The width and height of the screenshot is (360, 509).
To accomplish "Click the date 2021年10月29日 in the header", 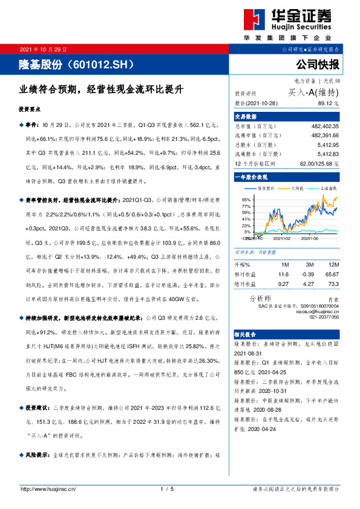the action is click(44, 49).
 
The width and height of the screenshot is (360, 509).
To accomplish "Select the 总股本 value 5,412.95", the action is click(327, 146).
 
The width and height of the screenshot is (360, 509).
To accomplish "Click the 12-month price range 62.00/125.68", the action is click(319, 163).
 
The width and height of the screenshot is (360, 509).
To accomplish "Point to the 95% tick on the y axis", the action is click(246, 199).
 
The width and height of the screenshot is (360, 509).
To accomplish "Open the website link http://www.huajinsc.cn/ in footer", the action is click(48, 488).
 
